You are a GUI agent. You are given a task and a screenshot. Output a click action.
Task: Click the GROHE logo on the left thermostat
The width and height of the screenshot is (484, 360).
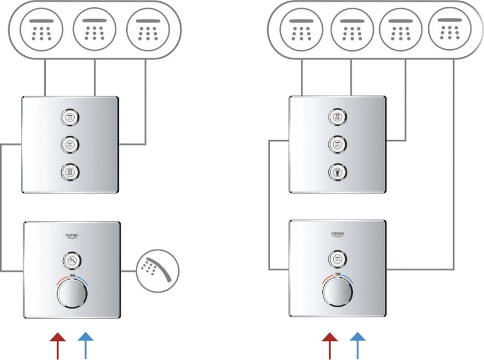click(72, 236)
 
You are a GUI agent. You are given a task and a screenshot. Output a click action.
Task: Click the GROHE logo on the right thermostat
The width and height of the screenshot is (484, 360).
click(338, 234)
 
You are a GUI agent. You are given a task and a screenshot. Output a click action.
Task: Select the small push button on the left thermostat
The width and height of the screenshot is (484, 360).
click(72, 261)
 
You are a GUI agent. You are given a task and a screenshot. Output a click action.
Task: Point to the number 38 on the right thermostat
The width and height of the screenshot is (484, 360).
click(338, 275)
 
